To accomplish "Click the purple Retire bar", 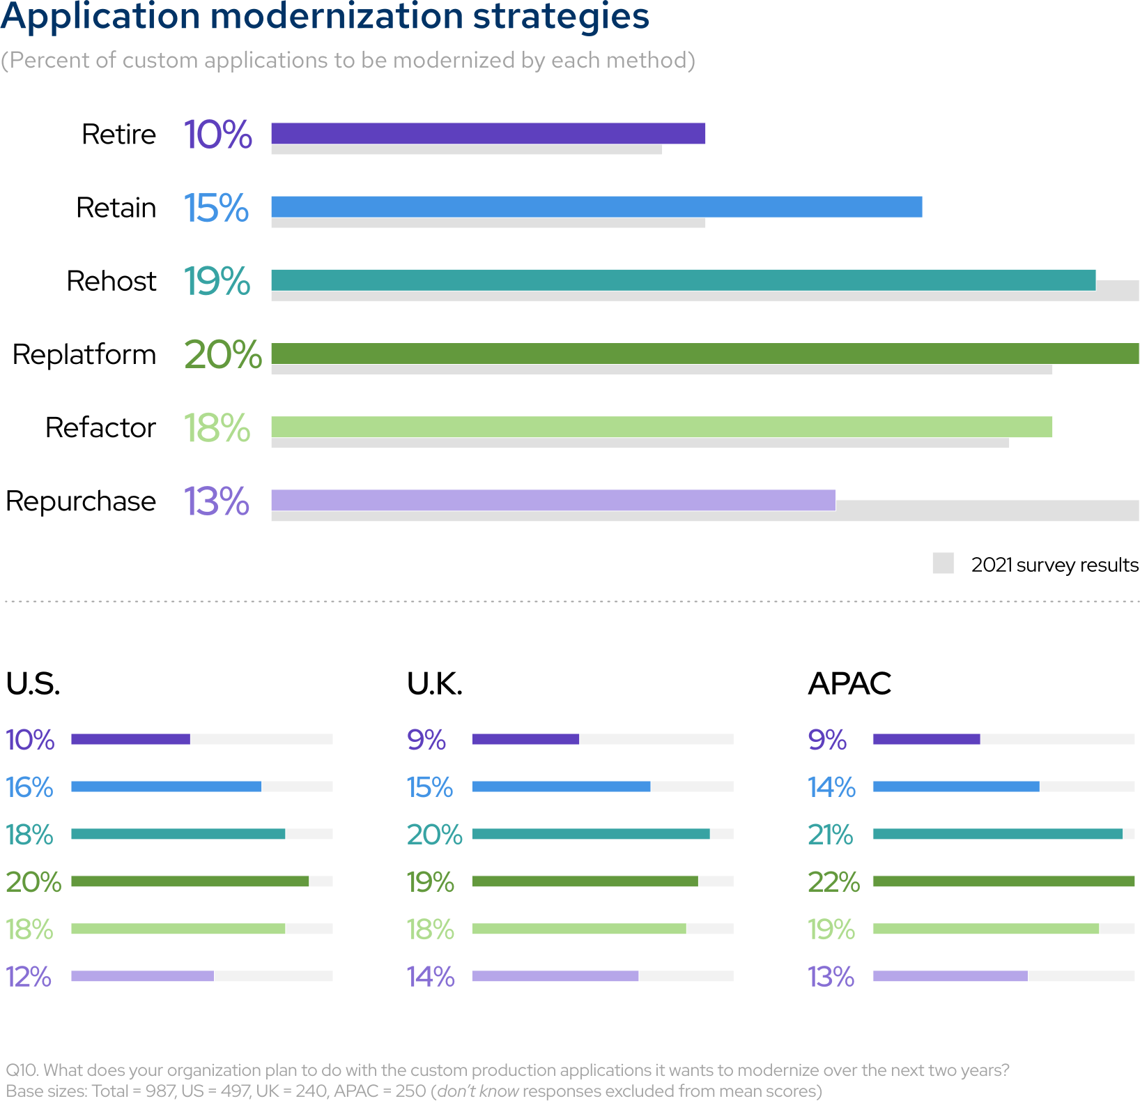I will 488,133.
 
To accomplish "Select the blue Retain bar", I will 596,207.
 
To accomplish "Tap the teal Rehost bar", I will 683,280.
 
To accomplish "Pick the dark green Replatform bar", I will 704,354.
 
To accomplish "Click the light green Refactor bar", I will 661,427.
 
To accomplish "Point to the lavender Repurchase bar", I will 553,500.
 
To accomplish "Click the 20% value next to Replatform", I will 223,355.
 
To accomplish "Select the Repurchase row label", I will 81,501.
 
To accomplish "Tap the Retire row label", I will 118,135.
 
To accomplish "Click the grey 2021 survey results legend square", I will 943,563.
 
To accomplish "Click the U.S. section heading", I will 33,683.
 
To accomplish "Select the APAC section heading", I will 849,683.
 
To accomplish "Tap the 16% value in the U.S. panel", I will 29,787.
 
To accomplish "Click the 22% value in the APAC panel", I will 833,882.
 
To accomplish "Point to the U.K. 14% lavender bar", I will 555,976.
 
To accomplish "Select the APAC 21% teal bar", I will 997,834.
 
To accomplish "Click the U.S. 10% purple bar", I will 130,739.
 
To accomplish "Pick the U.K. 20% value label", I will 434,835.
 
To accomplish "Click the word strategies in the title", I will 561,17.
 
